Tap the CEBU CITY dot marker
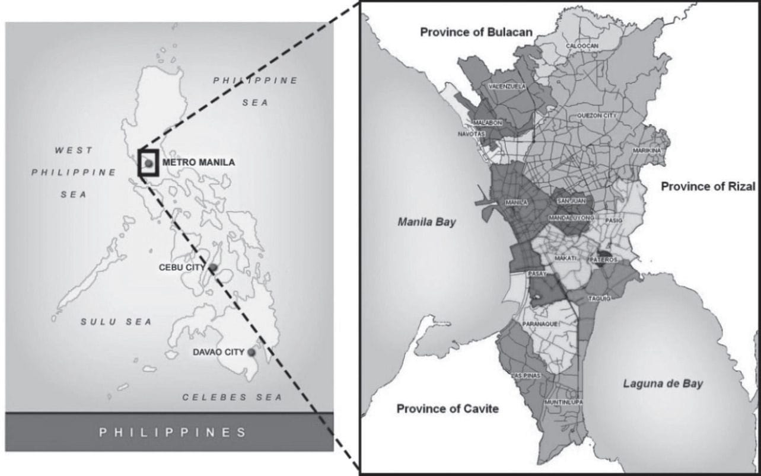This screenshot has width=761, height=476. click(x=213, y=268)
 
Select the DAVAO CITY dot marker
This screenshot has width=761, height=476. click(x=251, y=352)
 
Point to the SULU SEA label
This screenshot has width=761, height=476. click(x=116, y=322)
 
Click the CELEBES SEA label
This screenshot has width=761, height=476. click(x=232, y=397)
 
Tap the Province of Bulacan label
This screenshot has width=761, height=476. click(x=476, y=32)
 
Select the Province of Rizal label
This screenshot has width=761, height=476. click(x=708, y=187)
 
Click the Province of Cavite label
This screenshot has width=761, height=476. click(x=447, y=409)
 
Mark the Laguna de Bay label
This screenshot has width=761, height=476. click(x=663, y=384)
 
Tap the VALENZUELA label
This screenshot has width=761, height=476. click(x=507, y=87)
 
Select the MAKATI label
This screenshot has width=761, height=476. click(x=565, y=258)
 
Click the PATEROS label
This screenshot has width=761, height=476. click(x=604, y=260)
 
